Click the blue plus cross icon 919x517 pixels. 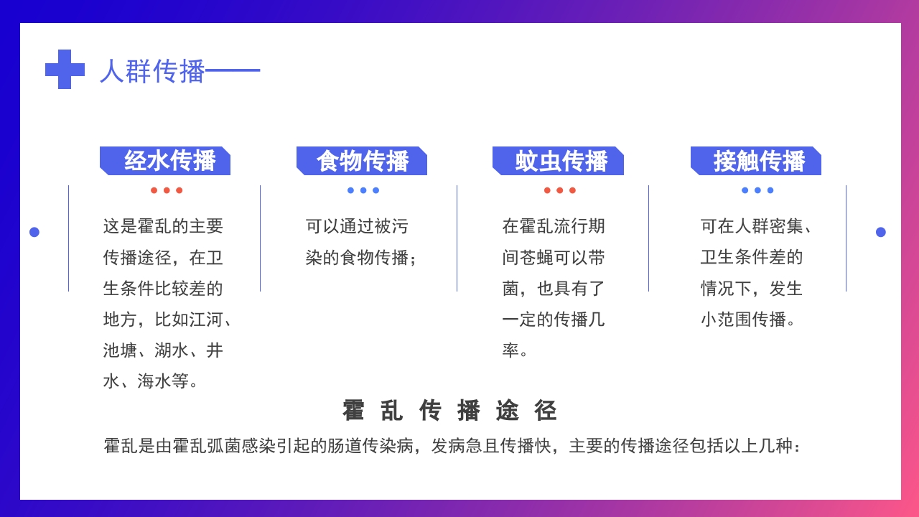point(65,70)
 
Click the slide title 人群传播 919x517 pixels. point(152,71)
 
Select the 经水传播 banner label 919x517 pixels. point(169,161)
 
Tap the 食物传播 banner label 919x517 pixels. point(363,161)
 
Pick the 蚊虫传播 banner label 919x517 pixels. point(561,161)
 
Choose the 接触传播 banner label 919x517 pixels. point(759,161)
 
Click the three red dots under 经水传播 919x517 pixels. point(167,190)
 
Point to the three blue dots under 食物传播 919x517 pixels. point(363,190)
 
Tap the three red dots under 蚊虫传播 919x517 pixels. point(559,190)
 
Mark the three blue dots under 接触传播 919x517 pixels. point(757,190)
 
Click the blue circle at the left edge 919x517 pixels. point(34,232)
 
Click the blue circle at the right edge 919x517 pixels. point(881,232)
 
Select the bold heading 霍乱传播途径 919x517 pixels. point(450,411)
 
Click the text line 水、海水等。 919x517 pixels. point(151,381)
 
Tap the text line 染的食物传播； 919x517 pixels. point(362,257)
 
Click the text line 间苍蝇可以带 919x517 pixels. point(554,257)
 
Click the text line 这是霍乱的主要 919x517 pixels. point(164,226)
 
